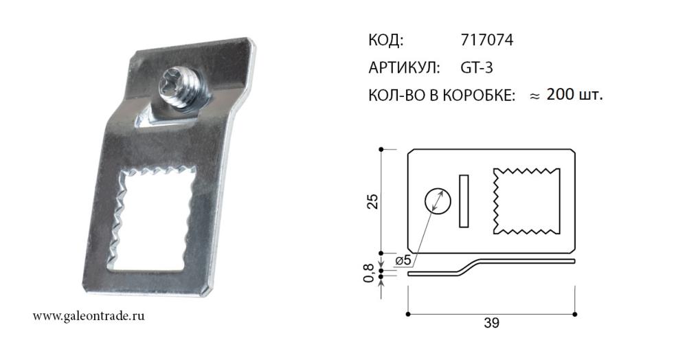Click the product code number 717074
click(x=487, y=41)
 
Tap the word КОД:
click(x=385, y=41)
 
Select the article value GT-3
click(x=477, y=68)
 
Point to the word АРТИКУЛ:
click(x=404, y=68)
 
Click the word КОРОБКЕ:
click(x=479, y=95)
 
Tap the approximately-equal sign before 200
click(x=534, y=96)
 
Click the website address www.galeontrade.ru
click(x=89, y=316)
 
